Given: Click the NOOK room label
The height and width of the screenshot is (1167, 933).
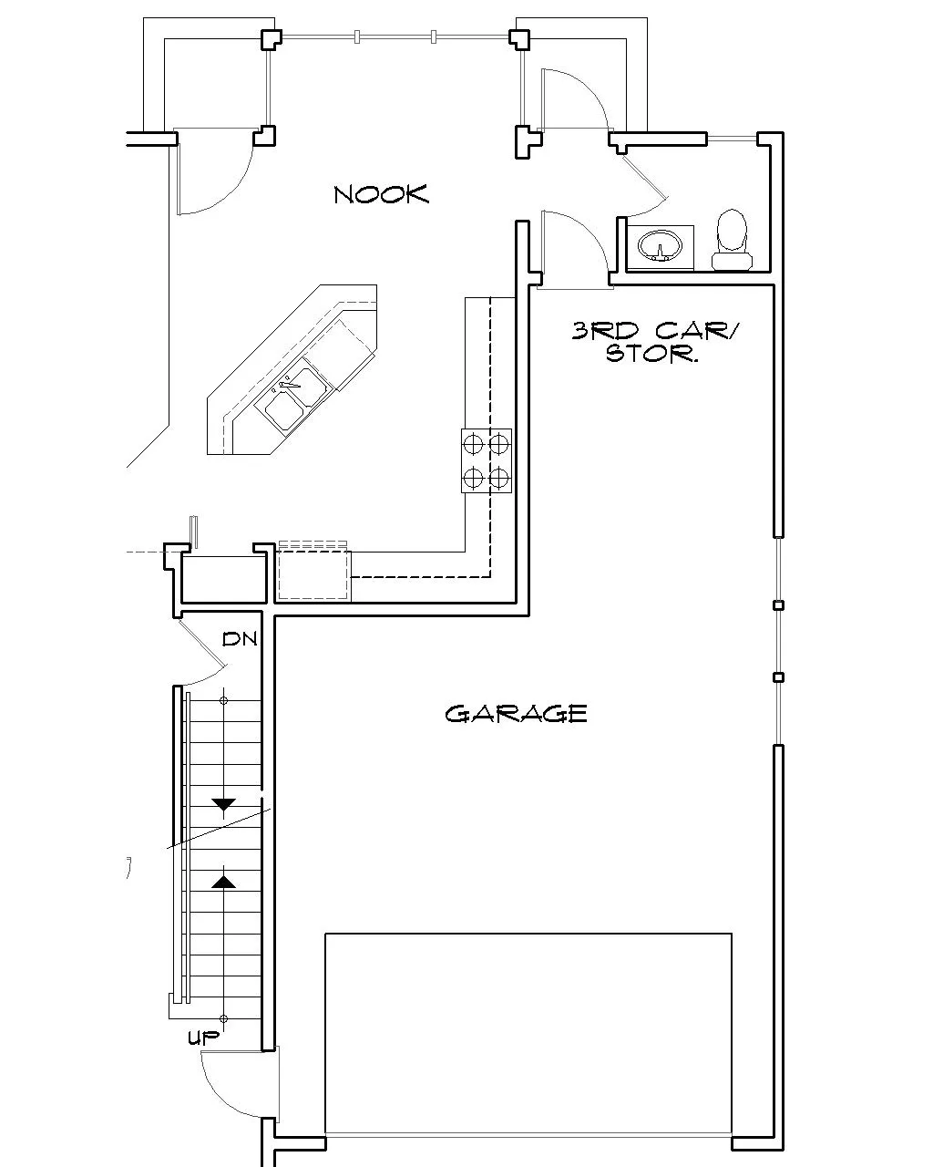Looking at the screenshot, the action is pos(381,194).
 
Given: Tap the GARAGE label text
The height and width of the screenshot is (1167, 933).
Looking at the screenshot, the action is pos(516,714).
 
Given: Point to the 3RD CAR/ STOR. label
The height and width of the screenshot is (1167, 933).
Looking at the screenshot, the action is pos(654,342).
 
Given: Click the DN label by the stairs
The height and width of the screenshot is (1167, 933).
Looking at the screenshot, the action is pos(240,639).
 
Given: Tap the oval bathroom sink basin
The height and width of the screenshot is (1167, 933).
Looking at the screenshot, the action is pos(660,245).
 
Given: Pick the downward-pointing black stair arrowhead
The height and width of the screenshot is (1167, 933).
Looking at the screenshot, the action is pos(223,805).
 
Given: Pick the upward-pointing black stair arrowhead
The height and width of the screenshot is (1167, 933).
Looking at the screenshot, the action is pos(223,882).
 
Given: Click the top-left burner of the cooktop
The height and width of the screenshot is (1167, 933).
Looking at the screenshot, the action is pos(473,444).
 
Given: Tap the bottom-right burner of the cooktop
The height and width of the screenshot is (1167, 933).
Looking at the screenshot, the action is pos(498,479).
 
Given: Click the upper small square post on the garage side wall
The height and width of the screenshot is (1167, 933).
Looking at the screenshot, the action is pos(778,605).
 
